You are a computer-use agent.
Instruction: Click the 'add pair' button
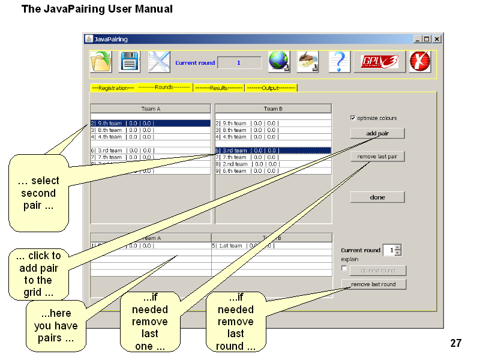click(x=377, y=133)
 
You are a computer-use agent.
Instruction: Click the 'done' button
click(x=377, y=197)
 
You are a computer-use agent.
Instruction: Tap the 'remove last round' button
click(x=373, y=284)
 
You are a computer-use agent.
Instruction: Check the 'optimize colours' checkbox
click(x=353, y=118)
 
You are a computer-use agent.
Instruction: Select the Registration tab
click(x=113, y=88)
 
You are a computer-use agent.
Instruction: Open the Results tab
click(x=218, y=88)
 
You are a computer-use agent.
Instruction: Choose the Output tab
click(x=271, y=88)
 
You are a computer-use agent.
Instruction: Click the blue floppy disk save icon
click(x=130, y=62)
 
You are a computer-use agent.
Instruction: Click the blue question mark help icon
click(x=339, y=62)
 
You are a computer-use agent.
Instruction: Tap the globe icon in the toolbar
click(x=279, y=62)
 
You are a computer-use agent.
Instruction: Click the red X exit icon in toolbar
click(x=420, y=62)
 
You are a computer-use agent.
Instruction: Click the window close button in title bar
click(x=437, y=39)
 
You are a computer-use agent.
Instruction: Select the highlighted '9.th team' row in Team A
click(x=150, y=123)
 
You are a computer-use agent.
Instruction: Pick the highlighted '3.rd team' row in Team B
click(x=273, y=151)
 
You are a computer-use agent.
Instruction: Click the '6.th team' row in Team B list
click(x=273, y=171)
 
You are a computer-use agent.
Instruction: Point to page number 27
click(x=456, y=343)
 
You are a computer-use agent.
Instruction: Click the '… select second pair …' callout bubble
click(x=38, y=193)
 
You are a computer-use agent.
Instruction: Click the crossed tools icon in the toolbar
click(x=159, y=62)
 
